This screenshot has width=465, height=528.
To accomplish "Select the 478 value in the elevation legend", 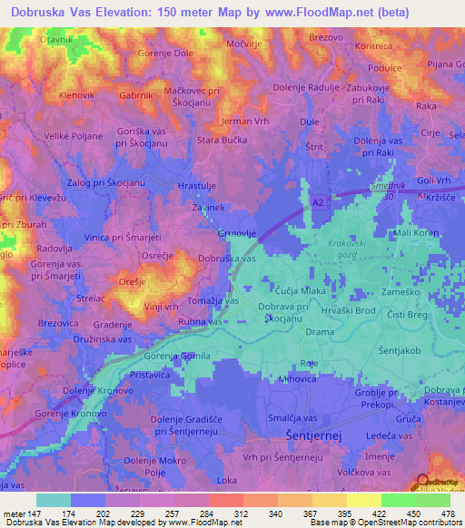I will click(448, 513).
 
